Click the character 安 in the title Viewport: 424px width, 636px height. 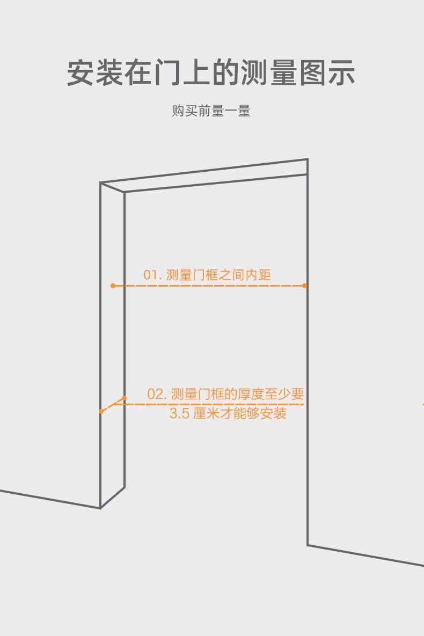[x=81, y=72]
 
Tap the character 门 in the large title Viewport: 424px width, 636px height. [x=167, y=72]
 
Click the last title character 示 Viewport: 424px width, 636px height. [x=341, y=72]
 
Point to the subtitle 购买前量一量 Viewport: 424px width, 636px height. [x=211, y=111]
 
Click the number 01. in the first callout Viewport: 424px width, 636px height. [x=152, y=275]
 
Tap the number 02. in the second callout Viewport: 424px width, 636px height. [x=157, y=394]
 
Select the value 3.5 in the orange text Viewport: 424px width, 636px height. [x=179, y=414]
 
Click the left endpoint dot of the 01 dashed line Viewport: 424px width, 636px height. [x=113, y=286]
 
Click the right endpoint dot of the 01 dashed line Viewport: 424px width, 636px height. [x=305, y=286]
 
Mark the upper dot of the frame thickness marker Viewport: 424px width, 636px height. [x=124, y=398]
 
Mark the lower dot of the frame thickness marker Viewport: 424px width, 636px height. [x=101, y=411]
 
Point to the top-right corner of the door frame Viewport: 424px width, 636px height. [x=308, y=159]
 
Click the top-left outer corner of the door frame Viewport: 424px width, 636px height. [x=100, y=183]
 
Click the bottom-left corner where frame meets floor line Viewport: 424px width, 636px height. [x=100, y=508]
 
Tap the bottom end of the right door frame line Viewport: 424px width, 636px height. [x=308, y=545]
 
